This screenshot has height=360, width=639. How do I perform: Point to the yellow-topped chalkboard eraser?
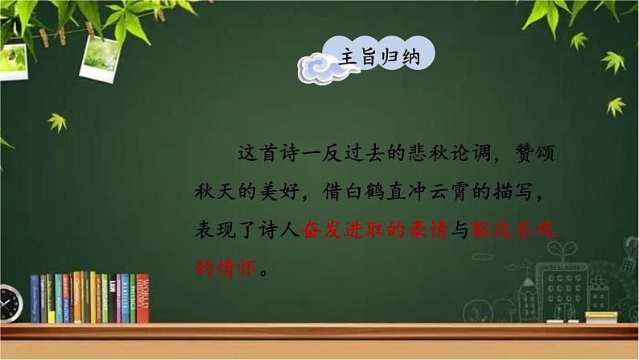[600, 317]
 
